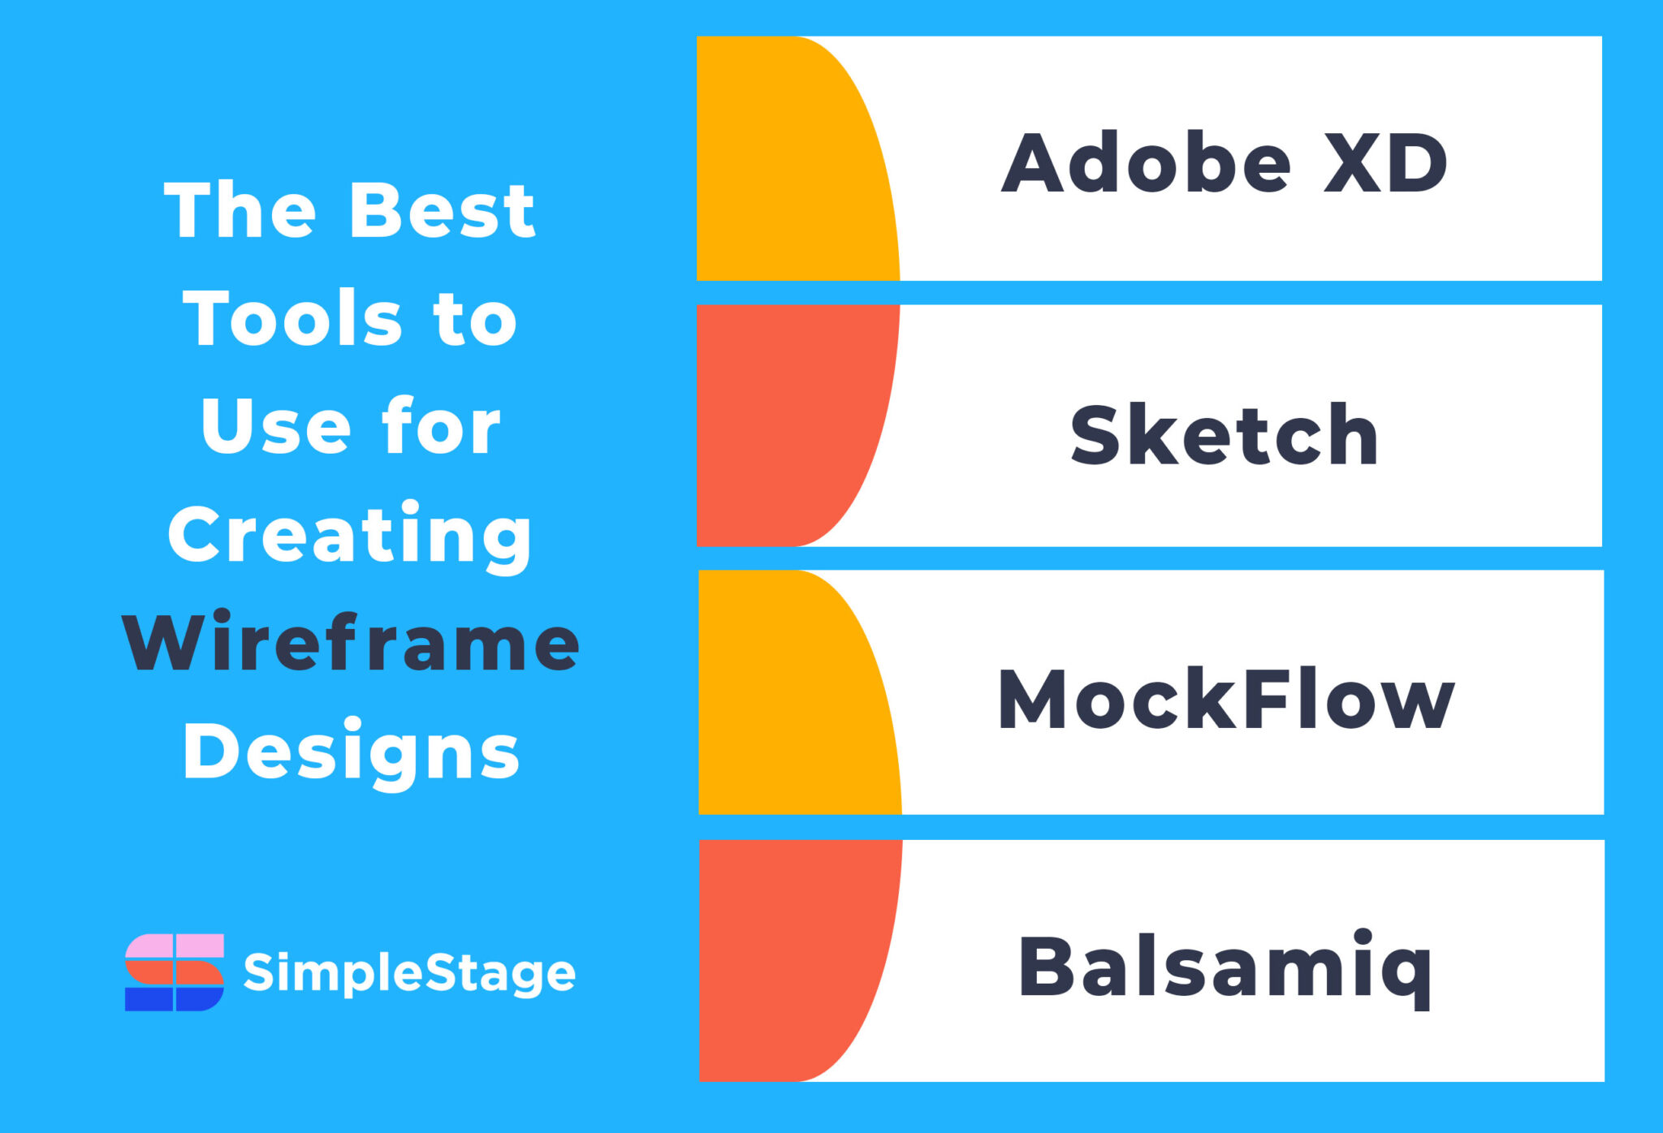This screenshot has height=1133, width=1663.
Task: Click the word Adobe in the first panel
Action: coord(1145,163)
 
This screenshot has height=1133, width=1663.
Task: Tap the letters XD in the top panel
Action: coord(1385,163)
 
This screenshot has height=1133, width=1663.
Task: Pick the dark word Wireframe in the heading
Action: coord(351,644)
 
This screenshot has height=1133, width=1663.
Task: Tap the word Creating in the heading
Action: coord(351,536)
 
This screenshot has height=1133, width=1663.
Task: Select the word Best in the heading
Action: coord(443,211)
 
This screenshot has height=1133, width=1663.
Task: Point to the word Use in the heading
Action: coord(271,427)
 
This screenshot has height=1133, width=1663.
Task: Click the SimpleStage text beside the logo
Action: coord(409,972)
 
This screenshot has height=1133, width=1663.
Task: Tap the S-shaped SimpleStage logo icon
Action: coord(175,972)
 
